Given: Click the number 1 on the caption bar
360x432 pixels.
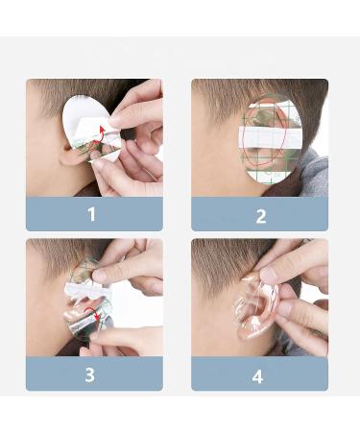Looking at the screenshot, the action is coord(92,214).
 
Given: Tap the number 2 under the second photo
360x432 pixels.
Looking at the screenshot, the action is coord(261,216).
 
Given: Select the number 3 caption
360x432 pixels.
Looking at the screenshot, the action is coord(90,374).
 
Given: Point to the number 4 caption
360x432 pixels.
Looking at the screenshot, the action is coord(257,376).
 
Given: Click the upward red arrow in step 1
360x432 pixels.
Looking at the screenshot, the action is coord(101,134).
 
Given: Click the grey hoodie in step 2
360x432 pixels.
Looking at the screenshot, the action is coord(312,173).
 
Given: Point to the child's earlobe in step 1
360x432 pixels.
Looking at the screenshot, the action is coord(69,158).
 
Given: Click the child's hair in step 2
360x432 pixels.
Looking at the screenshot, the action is coord(256,93).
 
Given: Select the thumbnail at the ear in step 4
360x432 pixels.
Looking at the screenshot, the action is coord(268,276).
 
